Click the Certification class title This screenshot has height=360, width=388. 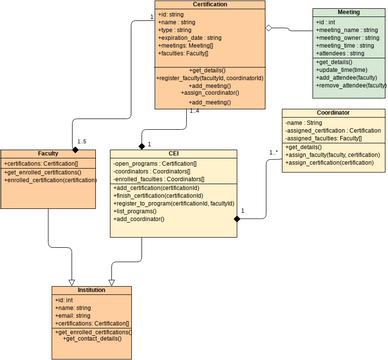point(209,5)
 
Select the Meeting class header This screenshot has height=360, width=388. point(349,13)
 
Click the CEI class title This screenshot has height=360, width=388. point(173,155)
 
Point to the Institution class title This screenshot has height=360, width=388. point(91,289)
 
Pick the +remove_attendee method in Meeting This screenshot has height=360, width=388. point(350,86)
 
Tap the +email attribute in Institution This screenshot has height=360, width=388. point(76,315)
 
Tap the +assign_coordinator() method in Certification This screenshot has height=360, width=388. point(208,94)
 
